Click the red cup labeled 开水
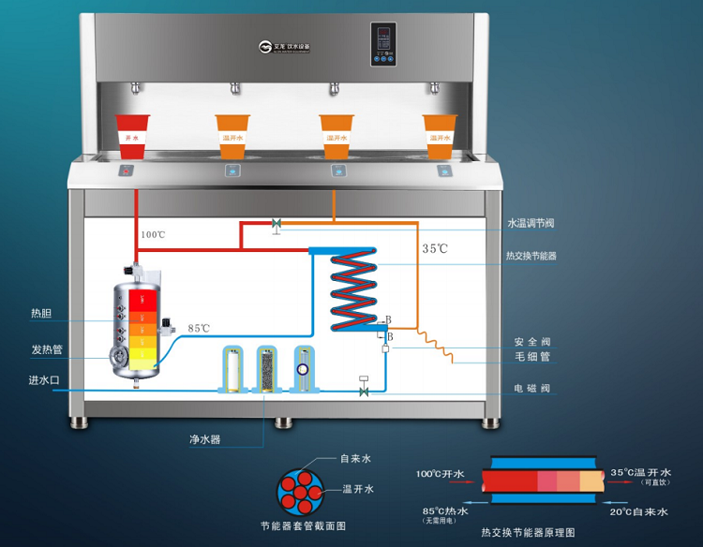[132, 134]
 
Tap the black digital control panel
[382, 43]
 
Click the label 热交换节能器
[531, 255]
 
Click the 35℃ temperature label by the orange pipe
[435, 249]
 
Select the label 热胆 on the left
[41, 314]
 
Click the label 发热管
[46, 349]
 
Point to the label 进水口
[43, 380]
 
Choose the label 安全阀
[531, 341]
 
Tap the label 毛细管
[531, 357]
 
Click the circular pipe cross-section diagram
[299, 490]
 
